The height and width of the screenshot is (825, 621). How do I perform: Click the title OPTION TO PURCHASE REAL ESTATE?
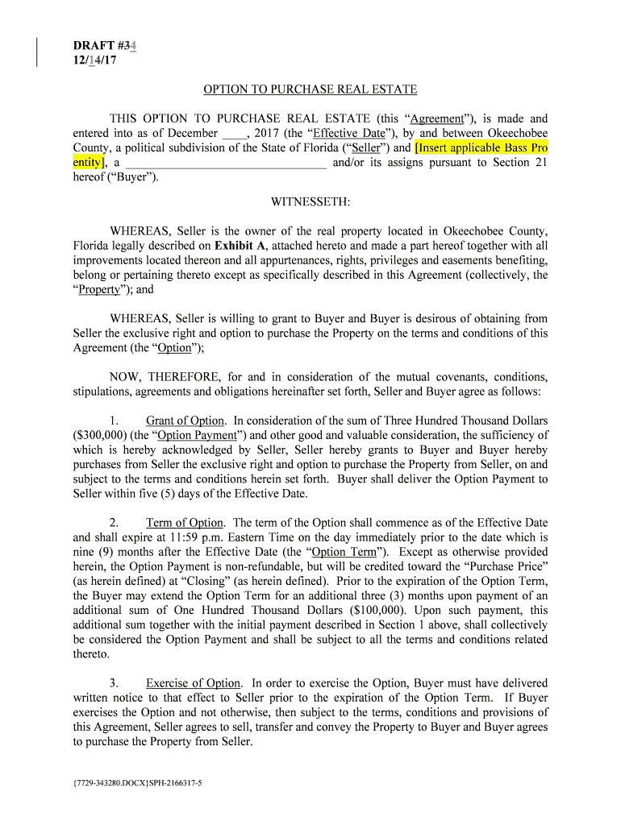pos(310,89)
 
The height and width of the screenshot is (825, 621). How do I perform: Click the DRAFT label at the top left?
pos(94,46)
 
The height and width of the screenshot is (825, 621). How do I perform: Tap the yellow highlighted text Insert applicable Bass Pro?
pos(481,148)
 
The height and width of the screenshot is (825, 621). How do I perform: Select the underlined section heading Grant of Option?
pos(185,421)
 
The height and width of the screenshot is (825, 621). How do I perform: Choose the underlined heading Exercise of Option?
pos(193,683)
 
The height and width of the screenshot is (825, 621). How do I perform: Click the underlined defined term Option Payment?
pos(197,435)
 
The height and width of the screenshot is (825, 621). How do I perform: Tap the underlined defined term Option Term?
pos(344,552)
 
